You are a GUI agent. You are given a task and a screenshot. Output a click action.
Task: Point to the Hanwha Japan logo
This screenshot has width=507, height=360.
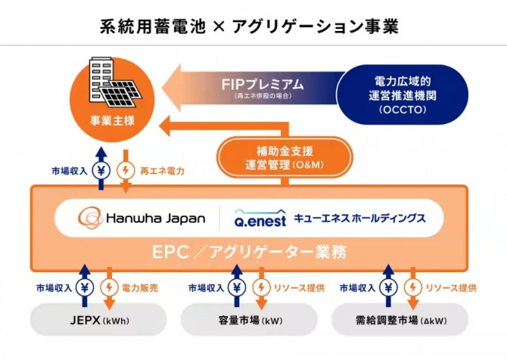pyautogui.click(x=142, y=218)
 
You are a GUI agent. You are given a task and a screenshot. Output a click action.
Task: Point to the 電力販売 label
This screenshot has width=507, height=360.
pyautogui.click(x=139, y=288)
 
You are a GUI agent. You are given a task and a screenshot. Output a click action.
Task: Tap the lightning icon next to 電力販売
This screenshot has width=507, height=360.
pyautogui.click(x=110, y=288)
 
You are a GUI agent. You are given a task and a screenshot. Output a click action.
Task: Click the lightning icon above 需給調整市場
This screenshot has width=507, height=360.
pyautogui.click(x=412, y=288)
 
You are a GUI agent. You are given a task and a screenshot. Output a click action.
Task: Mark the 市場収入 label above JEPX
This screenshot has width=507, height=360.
pyautogui.click(x=54, y=288)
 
